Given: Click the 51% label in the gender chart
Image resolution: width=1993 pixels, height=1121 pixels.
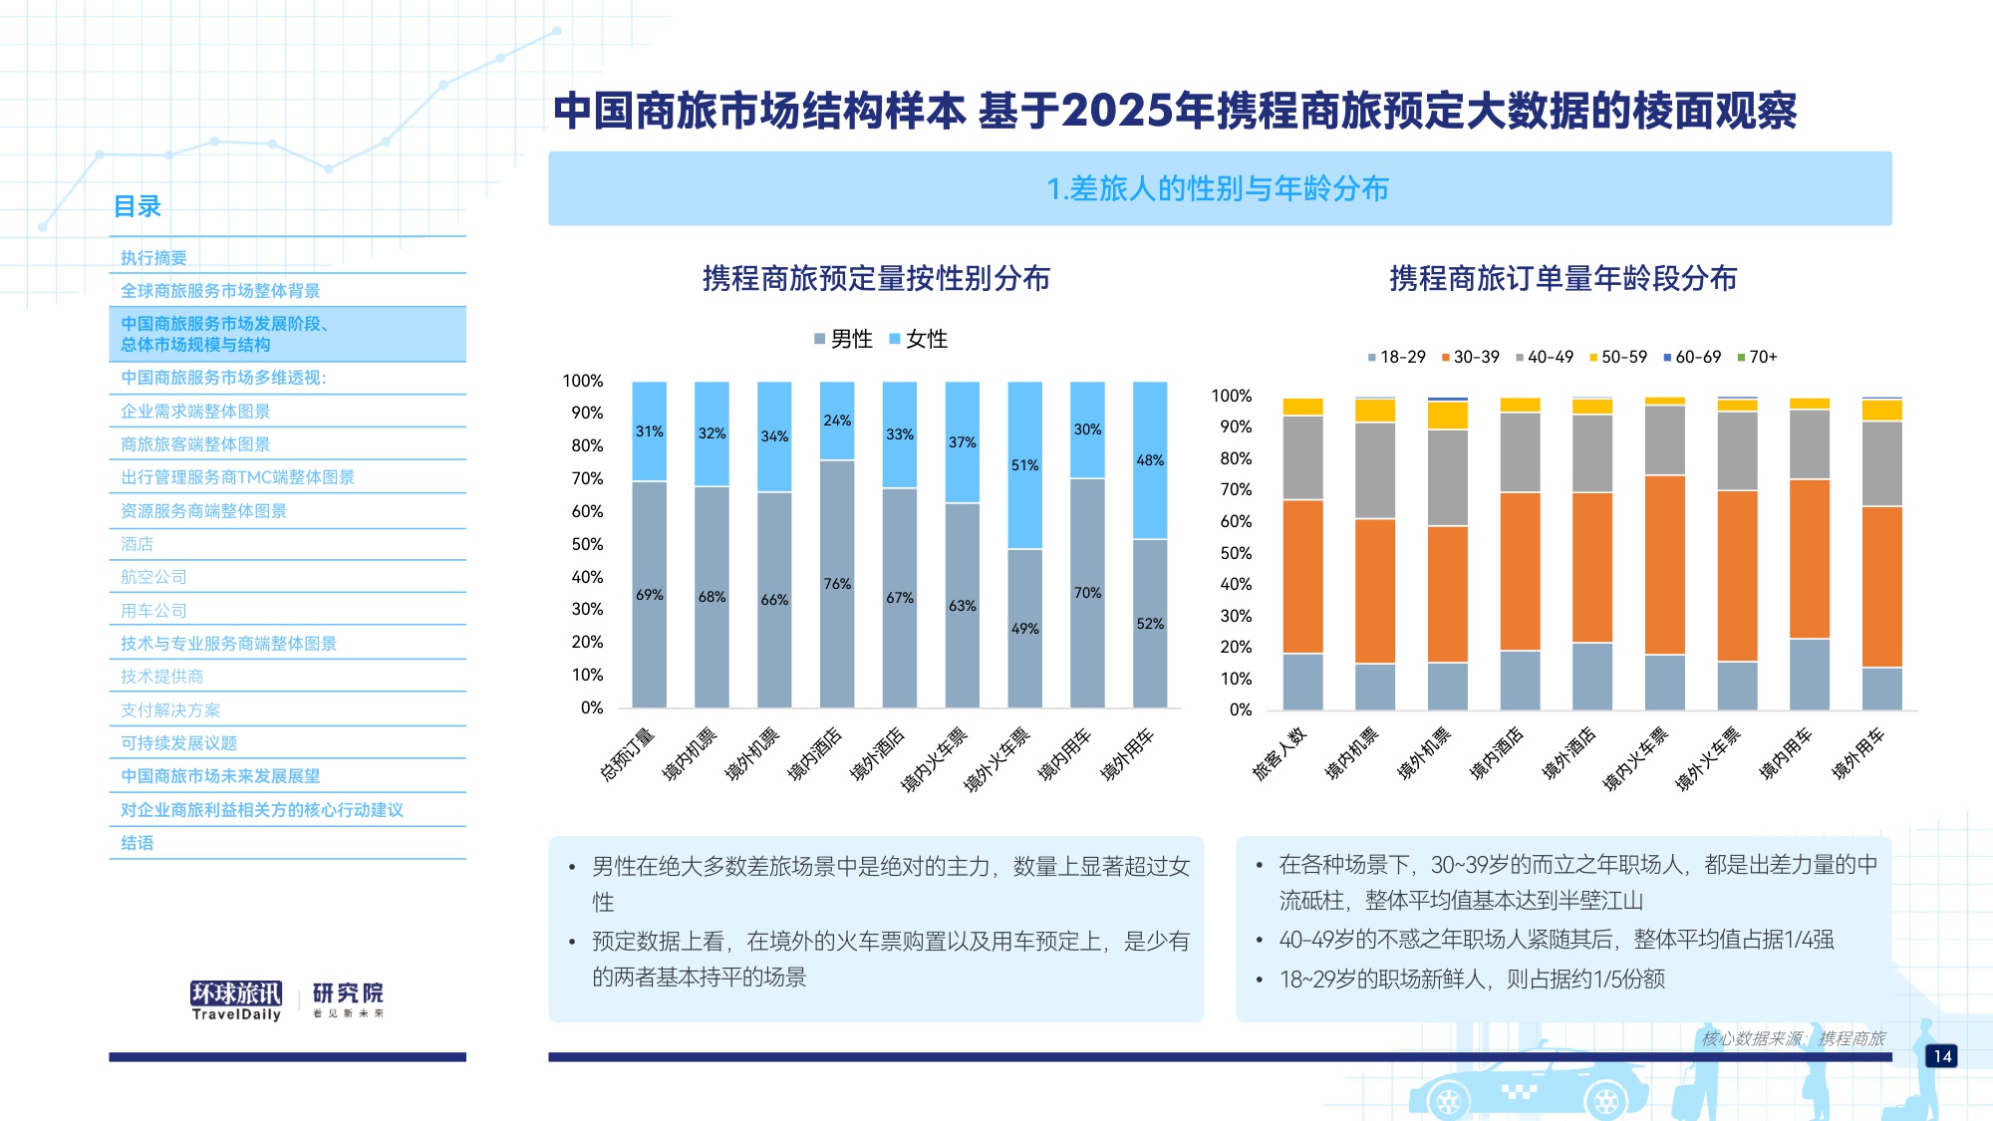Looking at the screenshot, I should tap(1024, 465).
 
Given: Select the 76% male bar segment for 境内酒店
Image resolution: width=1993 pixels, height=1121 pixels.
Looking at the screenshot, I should tap(837, 584).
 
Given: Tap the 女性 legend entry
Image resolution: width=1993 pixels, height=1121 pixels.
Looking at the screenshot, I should tap(918, 340).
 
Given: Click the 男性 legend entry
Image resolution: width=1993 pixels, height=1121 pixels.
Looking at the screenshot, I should tap(843, 340).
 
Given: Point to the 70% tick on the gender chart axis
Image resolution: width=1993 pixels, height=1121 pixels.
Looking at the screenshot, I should tap(587, 478).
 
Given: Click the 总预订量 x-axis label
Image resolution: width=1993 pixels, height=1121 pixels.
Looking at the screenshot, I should tap(628, 753).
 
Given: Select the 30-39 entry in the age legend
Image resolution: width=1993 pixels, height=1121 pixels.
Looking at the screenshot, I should tap(1470, 357).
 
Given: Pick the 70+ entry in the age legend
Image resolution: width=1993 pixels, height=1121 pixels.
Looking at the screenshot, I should tap(1757, 357).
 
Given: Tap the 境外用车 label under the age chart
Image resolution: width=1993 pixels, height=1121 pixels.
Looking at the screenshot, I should tap(1858, 753).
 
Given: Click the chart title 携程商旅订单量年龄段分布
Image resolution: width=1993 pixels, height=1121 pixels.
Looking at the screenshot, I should tap(1563, 278).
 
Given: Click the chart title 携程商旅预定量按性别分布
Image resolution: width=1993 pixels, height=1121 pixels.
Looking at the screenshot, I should tap(876, 278).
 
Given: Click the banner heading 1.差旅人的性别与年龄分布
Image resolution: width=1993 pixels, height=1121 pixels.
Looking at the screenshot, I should tap(1218, 188).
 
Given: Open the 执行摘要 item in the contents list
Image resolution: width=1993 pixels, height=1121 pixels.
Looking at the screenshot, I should tap(153, 258).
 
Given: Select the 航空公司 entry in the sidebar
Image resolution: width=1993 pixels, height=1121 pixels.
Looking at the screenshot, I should tap(153, 577).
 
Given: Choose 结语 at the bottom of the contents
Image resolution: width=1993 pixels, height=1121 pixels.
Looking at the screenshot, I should tap(138, 843).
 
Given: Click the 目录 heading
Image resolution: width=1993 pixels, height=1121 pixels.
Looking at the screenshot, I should tap(138, 206).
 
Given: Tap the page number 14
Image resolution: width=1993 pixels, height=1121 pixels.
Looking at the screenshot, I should tap(1942, 1056).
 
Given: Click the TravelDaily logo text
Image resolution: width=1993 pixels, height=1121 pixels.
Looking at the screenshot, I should tap(236, 1014).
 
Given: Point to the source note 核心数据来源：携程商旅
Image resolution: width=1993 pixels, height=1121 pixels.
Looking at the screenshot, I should tap(1793, 1038).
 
